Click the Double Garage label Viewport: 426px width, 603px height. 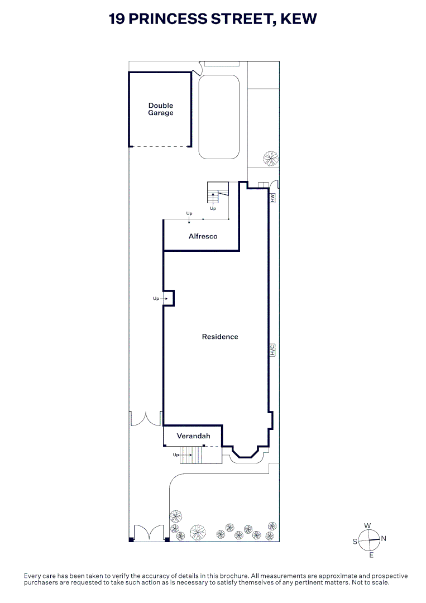[x=161, y=109]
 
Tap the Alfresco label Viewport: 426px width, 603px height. [x=203, y=236]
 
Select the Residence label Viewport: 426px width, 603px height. [x=220, y=337]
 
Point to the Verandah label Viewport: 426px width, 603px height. [x=193, y=435]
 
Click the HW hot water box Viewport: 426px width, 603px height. [x=272, y=198]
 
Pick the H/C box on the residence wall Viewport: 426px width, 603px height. [x=272, y=350]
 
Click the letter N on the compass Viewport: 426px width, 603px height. [x=384, y=538]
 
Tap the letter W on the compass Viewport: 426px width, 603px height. [x=367, y=526]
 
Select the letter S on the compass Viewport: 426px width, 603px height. [x=355, y=542]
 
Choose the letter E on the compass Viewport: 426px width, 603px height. [x=371, y=555]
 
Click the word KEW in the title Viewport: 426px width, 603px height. [x=299, y=19]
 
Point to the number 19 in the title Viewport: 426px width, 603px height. [x=117, y=19]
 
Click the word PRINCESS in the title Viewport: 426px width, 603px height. [x=167, y=19]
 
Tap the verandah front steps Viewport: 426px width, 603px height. [x=191, y=455]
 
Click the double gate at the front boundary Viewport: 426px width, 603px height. [x=149, y=533]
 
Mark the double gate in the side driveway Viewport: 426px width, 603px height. [x=146, y=419]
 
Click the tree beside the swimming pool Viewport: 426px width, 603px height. [x=271, y=159]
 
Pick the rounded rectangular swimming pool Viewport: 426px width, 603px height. [x=219, y=117]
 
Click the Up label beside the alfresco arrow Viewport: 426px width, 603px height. [x=189, y=213]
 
